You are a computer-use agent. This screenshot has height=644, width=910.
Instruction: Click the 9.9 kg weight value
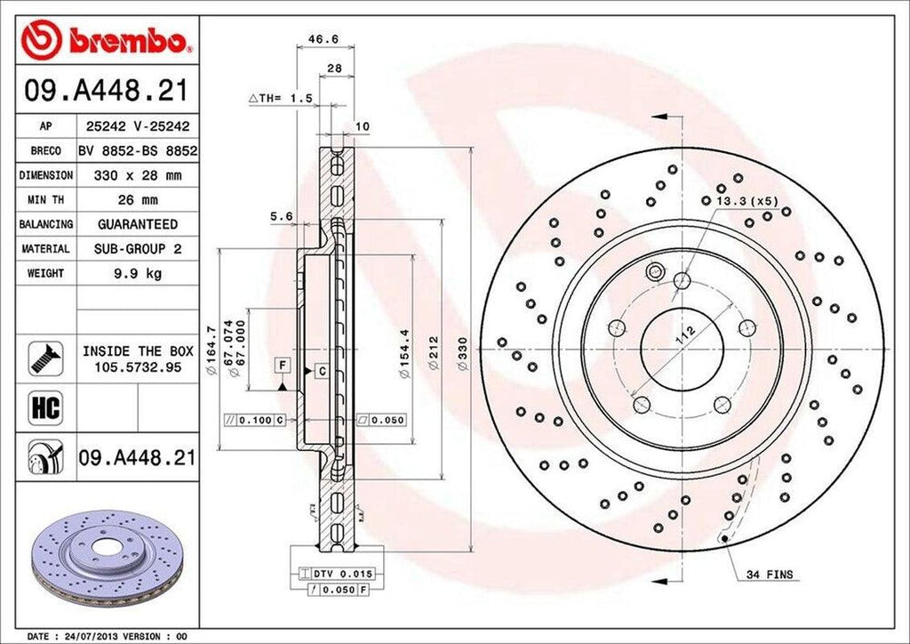point(139,274)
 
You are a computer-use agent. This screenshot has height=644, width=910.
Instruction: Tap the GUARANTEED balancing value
point(139,225)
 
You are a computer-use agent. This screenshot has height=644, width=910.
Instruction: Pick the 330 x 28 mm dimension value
point(139,176)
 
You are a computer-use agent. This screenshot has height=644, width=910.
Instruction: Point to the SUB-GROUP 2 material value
point(139,250)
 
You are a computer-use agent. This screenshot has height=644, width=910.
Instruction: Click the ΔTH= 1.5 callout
point(280,99)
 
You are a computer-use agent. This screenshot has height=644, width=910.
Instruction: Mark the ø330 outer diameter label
point(461,354)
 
